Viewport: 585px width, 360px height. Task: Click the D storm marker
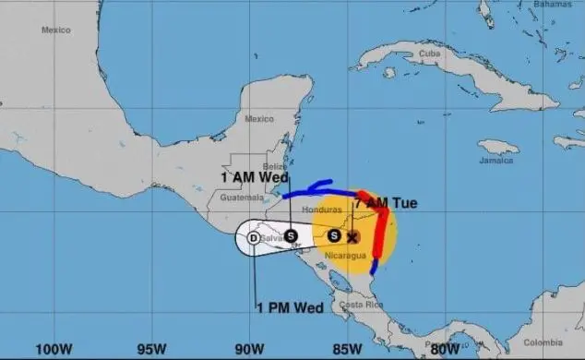click(253, 238)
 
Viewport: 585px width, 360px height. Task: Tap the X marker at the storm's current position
click(352, 236)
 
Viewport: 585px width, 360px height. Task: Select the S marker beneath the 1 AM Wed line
click(290, 235)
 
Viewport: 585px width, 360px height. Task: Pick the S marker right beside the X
click(334, 235)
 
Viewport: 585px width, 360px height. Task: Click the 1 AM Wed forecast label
click(254, 176)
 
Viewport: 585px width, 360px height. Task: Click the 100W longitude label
click(54, 349)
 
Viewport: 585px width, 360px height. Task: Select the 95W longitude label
click(152, 349)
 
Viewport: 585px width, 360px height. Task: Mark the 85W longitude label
click(347, 349)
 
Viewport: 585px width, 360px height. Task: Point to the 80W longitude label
click(446, 349)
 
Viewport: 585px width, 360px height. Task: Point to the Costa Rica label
click(355, 305)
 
